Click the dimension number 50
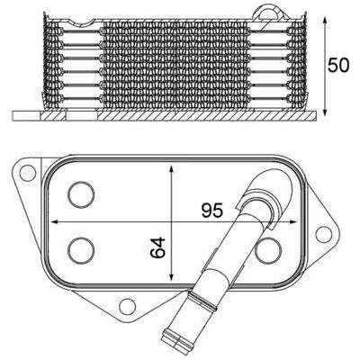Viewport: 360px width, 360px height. click(x=338, y=66)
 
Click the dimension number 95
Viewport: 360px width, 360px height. click(x=212, y=210)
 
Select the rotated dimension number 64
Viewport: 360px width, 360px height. click(x=157, y=247)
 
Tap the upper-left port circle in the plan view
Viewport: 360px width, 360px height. click(x=81, y=194)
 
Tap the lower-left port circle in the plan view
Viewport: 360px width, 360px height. click(x=81, y=250)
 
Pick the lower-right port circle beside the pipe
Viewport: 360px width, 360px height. click(x=268, y=250)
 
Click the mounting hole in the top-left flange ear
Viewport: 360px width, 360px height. click(x=28, y=173)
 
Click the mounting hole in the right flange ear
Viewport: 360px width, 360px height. click(x=324, y=235)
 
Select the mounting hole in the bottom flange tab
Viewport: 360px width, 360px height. click(x=127, y=306)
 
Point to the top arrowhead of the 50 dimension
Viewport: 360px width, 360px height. click(x=325, y=21)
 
